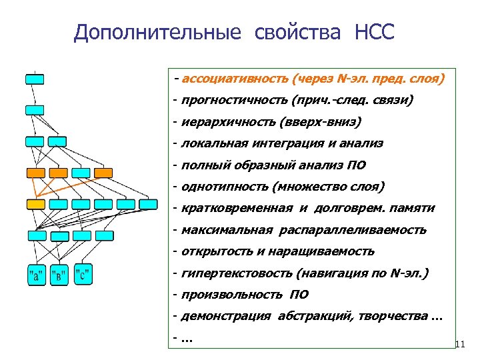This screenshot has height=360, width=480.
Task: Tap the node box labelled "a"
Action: pyautogui.click(x=35, y=274)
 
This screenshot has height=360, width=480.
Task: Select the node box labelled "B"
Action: pyautogui.click(x=59, y=274)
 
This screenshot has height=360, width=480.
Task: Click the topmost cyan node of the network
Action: pyautogui.click(x=35, y=79)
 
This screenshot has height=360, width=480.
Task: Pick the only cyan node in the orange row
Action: pyautogui.click(x=81, y=173)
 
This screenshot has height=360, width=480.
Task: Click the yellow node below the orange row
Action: pyautogui.click(x=36, y=204)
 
